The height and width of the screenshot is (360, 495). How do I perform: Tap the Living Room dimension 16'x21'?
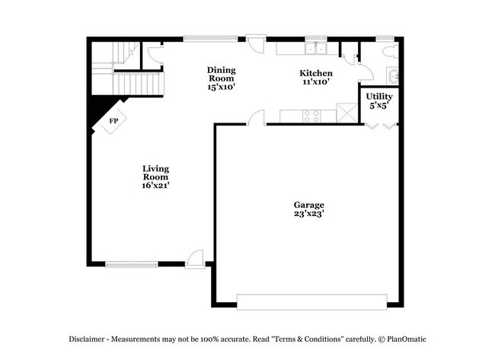point(155,184)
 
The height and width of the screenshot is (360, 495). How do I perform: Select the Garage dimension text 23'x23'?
point(309,215)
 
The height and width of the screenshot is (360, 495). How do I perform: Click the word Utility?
point(378,97)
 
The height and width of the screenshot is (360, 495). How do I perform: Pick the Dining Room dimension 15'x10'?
point(221,87)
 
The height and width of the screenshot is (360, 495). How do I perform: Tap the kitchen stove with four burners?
point(311,116)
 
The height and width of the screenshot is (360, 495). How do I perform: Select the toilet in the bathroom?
point(388,51)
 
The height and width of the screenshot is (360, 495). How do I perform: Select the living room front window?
point(132,264)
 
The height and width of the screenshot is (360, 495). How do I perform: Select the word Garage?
point(309,205)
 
